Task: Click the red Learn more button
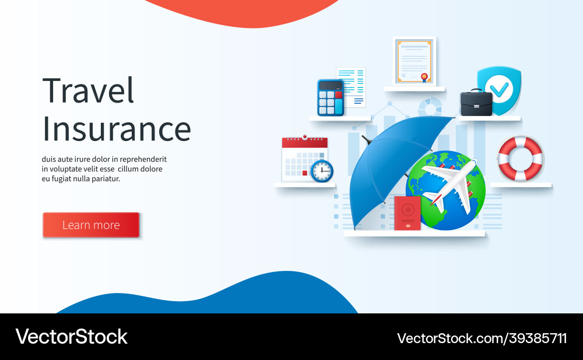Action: [x=91, y=225]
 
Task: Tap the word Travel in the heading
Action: [x=89, y=91]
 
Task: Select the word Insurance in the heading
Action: [x=117, y=129]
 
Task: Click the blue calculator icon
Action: [x=330, y=98]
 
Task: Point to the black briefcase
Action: [x=476, y=103]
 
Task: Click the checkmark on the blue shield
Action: [x=498, y=89]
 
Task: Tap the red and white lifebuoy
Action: [x=520, y=158]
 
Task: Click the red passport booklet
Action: [x=407, y=213]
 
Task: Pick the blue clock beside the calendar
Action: [x=322, y=171]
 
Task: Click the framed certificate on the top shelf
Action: [x=415, y=61]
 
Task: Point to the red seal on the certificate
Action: [x=426, y=76]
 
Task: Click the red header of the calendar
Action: [x=304, y=143]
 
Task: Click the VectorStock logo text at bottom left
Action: [x=71, y=337]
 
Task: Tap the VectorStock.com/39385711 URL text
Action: [x=482, y=338]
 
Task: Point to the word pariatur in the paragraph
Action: [x=105, y=179]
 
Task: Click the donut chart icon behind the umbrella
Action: [x=430, y=107]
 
